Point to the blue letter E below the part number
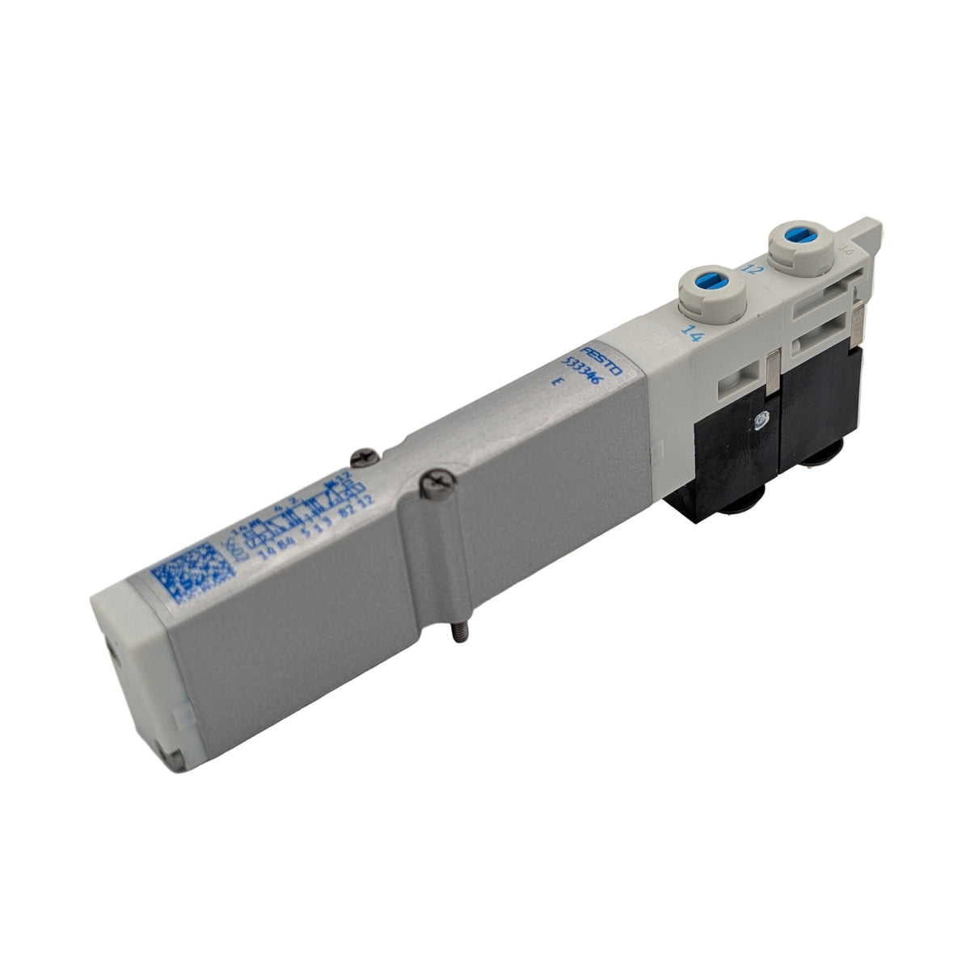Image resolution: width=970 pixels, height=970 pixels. pos(554,386)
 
